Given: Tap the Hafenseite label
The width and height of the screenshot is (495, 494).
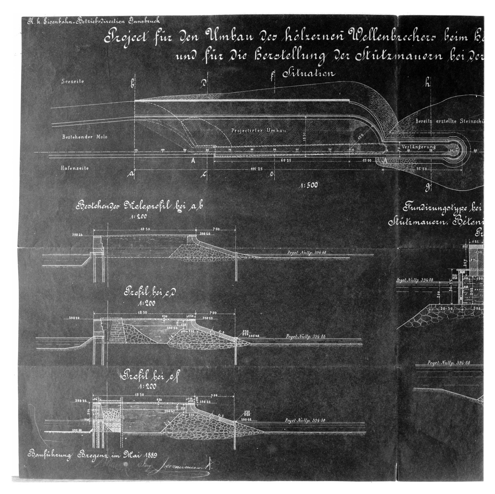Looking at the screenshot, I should [75, 168].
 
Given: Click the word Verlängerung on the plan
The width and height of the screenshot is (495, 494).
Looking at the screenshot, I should [418, 147].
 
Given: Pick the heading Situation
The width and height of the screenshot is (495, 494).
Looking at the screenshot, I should [309, 74].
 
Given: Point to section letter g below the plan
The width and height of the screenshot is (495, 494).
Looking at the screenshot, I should [427, 188].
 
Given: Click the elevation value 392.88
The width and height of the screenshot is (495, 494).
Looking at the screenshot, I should [76, 430].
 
